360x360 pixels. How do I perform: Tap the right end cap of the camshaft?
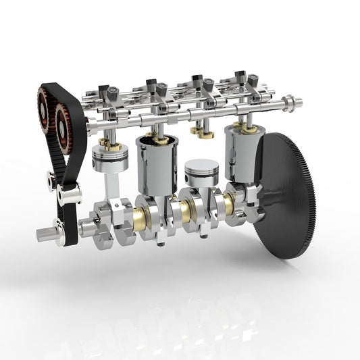(292, 103)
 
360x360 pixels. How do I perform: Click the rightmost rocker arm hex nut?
(241, 76)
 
